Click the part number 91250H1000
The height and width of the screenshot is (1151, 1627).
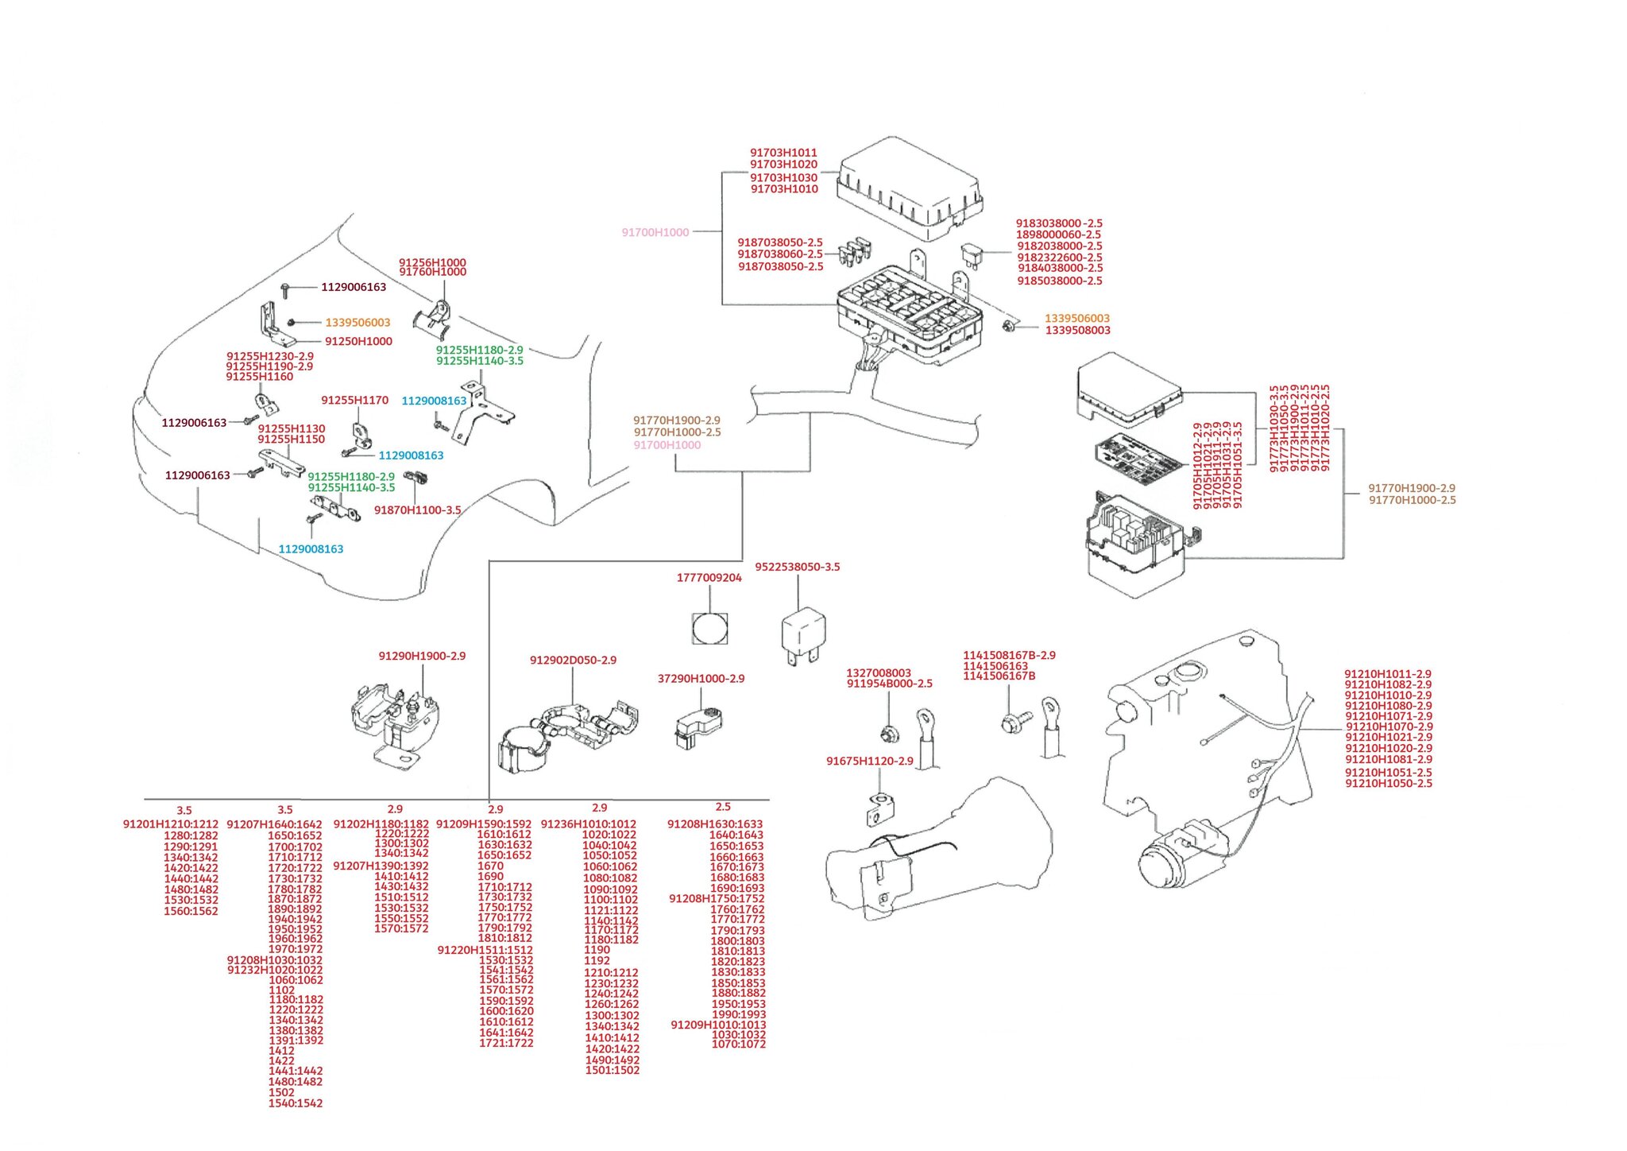[x=358, y=342]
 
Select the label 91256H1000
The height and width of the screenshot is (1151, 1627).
[x=432, y=262]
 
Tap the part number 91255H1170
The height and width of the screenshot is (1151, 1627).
[x=354, y=401]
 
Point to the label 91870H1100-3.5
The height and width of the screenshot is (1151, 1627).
[x=417, y=510]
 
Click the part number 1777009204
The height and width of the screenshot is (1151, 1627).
[x=709, y=578]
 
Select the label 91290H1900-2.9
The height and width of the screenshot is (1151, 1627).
[x=422, y=657]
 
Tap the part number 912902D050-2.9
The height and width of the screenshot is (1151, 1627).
[x=573, y=661]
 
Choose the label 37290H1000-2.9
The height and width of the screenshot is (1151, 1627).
[x=701, y=679]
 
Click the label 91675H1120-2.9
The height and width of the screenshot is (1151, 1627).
[x=869, y=762]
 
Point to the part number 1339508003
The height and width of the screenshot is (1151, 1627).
[x=1077, y=331]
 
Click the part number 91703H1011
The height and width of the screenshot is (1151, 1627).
[x=783, y=153]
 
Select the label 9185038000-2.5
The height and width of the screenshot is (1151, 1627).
[x=1059, y=281]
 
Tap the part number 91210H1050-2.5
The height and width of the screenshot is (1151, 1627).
[x=1388, y=784]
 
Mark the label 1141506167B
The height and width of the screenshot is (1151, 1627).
[x=999, y=676]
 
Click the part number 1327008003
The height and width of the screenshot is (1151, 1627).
[x=878, y=673]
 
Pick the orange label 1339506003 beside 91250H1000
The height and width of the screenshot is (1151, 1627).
[x=357, y=323]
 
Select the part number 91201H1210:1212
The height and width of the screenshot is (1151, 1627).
[x=170, y=824]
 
